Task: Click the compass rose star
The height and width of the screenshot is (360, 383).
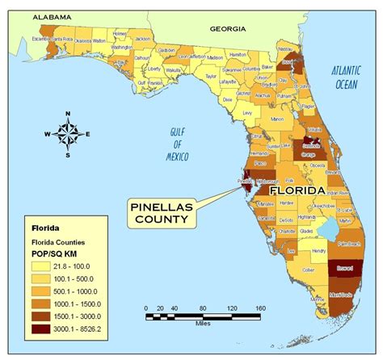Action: pyautogui.click(x=67, y=134)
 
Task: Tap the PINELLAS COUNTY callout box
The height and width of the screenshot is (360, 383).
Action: pyautogui.click(x=162, y=214)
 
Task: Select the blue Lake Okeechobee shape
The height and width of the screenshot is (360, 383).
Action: pyautogui.click(x=330, y=232)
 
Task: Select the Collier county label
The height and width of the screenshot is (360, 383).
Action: pyautogui.click(x=309, y=270)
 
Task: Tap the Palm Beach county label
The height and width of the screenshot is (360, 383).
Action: pyautogui.click(x=348, y=241)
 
